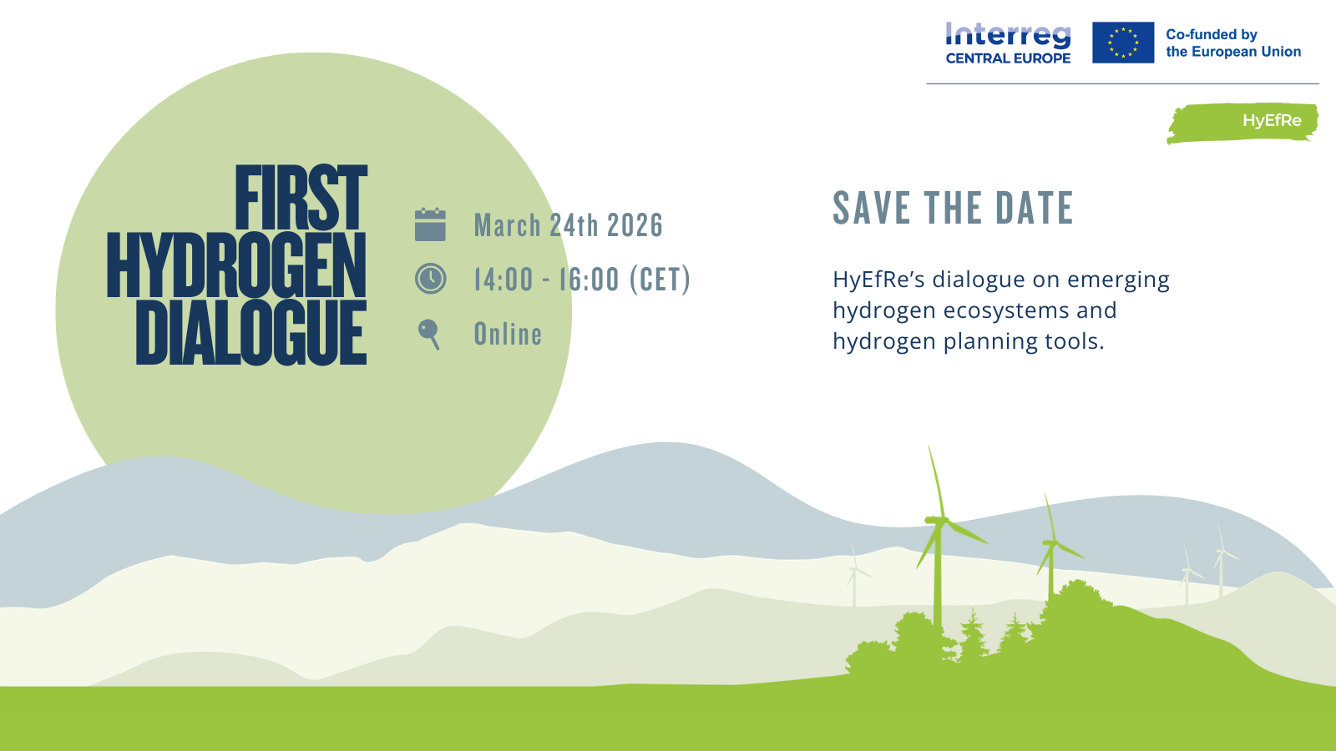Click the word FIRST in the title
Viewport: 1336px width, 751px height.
pos(301,197)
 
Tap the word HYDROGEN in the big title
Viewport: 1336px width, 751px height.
pos(236,265)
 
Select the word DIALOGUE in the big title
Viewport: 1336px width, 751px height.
pos(251,333)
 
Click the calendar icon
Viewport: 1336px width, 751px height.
pos(430,224)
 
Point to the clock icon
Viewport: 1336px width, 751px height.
pos(430,279)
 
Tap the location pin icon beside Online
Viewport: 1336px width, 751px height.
pos(429,335)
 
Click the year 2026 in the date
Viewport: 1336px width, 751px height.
pos(635,225)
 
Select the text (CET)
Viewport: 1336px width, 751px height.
pos(660,280)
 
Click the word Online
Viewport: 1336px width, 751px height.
pos(508,334)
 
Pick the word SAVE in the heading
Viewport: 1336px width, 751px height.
pos(873,208)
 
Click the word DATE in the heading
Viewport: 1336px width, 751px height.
pos(1035,208)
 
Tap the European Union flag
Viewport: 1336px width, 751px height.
pos(1123,43)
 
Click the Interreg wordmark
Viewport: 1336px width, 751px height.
pos(1008,36)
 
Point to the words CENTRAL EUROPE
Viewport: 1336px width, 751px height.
pos(1008,58)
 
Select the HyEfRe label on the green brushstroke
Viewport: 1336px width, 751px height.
pos(1272,121)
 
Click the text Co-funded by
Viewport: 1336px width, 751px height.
pos(1212,34)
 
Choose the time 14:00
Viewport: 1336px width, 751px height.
pos(504,280)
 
